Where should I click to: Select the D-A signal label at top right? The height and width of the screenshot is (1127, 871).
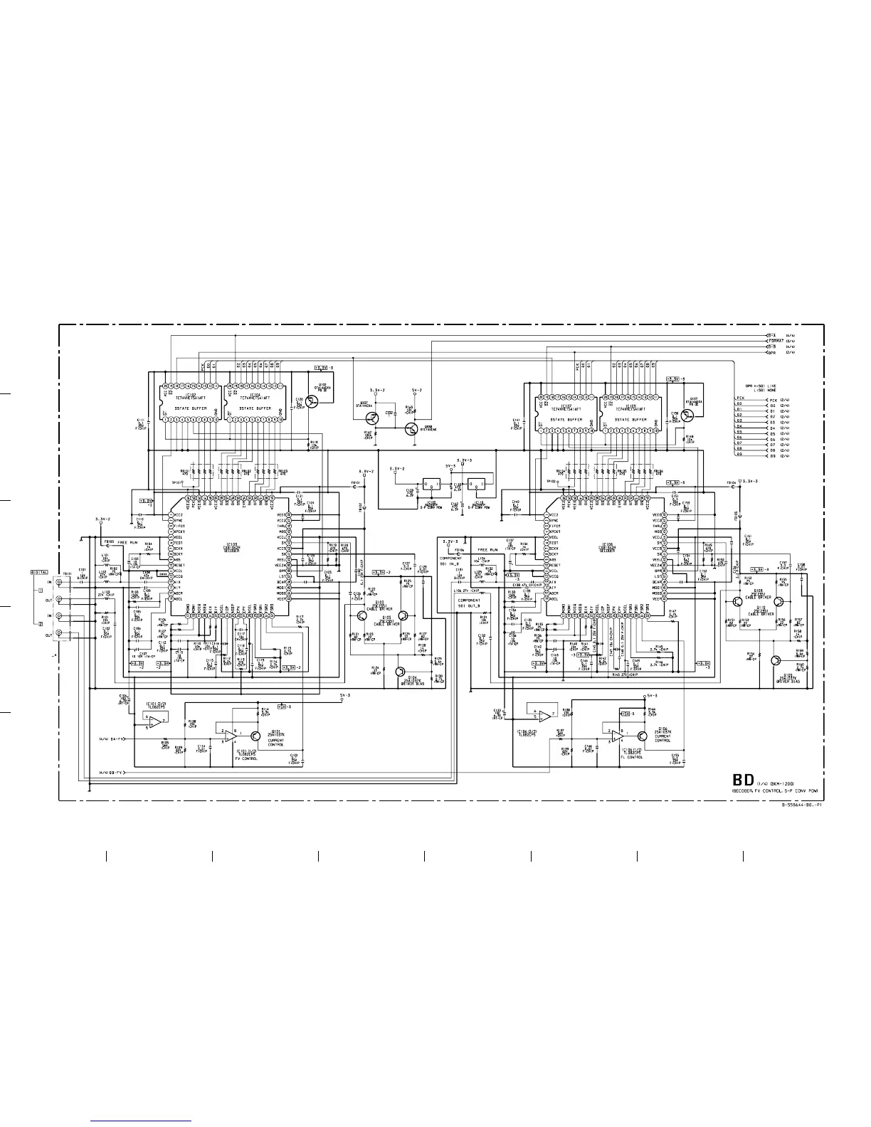[x=771, y=334]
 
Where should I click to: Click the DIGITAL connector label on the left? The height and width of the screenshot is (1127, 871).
[x=39, y=572]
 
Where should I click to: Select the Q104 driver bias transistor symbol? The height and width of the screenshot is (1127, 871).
[x=401, y=672]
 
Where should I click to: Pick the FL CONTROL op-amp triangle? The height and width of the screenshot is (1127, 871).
[x=616, y=737]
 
